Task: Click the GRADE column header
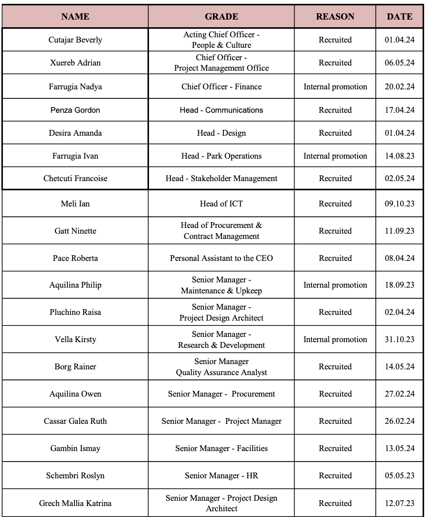click(221, 16)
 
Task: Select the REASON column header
click(335, 16)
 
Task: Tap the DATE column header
click(399, 16)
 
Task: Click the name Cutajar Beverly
click(75, 40)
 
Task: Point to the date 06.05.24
click(399, 63)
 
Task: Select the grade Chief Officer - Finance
click(221, 86)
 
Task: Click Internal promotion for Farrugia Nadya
click(335, 86)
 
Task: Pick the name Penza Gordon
click(75, 110)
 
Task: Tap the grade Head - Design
click(221, 133)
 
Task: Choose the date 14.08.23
click(399, 156)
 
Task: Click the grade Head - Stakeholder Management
click(221, 178)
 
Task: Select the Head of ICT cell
click(221, 204)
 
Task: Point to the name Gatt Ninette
click(75, 231)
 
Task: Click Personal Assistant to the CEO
click(221, 258)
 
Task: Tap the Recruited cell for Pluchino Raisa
click(335, 312)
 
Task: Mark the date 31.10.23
click(399, 339)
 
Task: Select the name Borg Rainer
click(75, 366)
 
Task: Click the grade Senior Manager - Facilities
click(221, 448)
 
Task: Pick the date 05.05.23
click(399, 475)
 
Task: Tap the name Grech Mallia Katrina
click(75, 503)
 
